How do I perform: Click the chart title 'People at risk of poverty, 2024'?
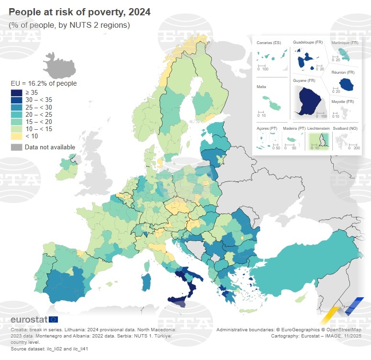[79, 12]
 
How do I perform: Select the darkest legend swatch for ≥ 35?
[17, 92]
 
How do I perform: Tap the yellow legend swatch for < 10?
[17, 136]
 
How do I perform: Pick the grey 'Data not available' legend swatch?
[17, 147]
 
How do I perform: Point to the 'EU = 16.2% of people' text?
[44, 83]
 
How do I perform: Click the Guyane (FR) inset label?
[304, 80]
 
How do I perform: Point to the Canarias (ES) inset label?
[269, 43]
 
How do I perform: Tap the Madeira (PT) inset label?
[294, 128]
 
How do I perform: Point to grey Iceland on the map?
[59, 66]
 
